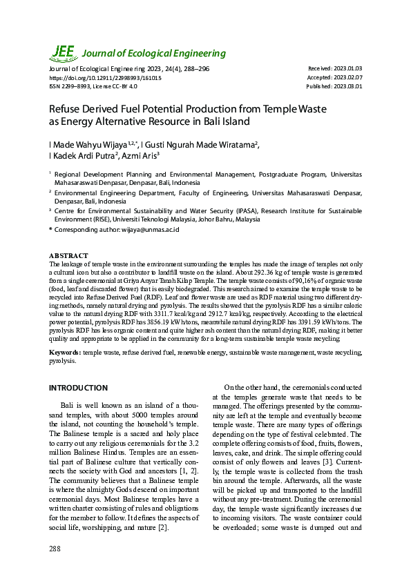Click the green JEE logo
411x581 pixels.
pos(64,52)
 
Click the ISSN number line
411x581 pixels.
pos(93,87)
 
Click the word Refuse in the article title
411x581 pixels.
pos(66,109)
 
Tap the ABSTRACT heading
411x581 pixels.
pos(68,256)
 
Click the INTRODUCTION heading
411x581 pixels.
pos(78,388)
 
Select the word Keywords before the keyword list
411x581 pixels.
pos(64,353)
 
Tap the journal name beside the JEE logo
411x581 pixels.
pos(155,54)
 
